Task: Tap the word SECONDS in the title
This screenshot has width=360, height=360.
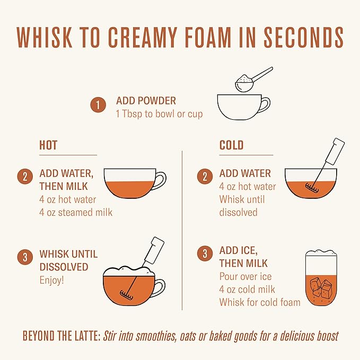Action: pyautogui.click(x=303, y=38)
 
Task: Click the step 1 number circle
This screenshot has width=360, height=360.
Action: pyautogui.click(x=98, y=105)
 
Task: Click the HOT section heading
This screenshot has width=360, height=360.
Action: pyautogui.click(x=48, y=145)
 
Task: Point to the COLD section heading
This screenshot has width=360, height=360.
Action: pyautogui.click(x=231, y=145)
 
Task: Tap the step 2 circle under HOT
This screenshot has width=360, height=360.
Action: pyautogui.click(x=25, y=177)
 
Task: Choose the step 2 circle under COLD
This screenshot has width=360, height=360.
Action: pyautogui.click(x=205, y=177)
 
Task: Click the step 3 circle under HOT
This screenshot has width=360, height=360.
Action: pyautogui.click(x=25, y=257)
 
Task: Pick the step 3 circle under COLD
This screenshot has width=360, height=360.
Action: pyautogui.click(x=205, y=253)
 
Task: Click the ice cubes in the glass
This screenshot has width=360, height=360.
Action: pyautogui.click(x=321, y=287)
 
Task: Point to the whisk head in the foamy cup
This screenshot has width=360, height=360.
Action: pyautogui.click(x=127, y=295)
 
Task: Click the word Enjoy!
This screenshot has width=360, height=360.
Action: pyautogui.click(x=51, y=280)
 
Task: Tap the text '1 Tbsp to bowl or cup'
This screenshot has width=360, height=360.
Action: pyautogui.click(x=160, y=113)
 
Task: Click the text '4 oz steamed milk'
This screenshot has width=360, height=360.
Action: pyautogui.click(x=76, y=212)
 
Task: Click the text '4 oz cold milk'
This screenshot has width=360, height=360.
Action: pyautogui.click(x=247, y=289)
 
